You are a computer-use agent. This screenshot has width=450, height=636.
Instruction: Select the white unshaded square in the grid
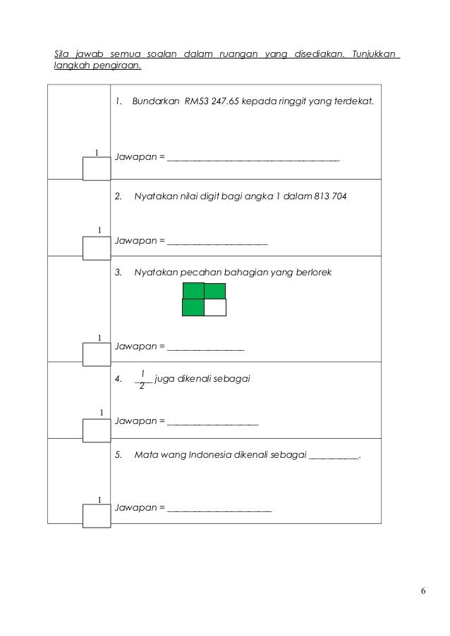(215, 308)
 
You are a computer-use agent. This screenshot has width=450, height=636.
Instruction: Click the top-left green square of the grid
(193, 291)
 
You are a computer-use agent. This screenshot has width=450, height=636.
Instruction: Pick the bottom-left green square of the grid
(193, 308)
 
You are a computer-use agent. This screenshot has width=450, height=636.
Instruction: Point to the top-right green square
(215, 291)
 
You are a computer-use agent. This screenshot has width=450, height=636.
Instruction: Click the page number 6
(422, 591)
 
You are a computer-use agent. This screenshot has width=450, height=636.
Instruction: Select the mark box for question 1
(97, 168)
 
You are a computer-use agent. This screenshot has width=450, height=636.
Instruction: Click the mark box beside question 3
(97, 354)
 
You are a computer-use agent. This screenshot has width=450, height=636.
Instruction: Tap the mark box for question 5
(97, 515)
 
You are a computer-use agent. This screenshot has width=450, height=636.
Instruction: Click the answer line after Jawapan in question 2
(217, 243)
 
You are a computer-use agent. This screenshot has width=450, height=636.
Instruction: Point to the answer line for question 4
(213, 424)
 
